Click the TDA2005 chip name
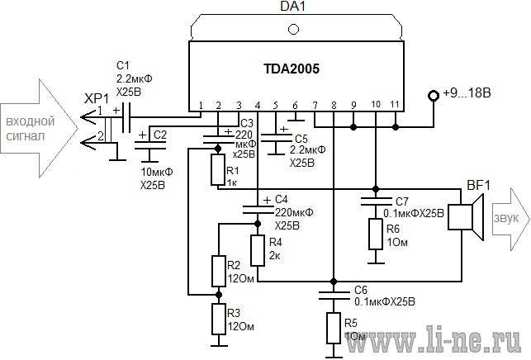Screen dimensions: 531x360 coord(292,69)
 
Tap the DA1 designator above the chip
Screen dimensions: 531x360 coord(292,7)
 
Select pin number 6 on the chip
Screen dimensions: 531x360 coord(295,106)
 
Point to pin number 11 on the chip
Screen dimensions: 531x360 coord(395,104)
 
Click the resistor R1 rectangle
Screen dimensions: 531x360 coord(218,169)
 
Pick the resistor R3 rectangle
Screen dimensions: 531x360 coord(219,320)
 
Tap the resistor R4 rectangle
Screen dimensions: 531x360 coord(258,250)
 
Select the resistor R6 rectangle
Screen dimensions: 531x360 coord(376,234)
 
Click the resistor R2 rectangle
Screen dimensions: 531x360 coord(219,272)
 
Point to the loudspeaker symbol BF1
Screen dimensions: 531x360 coord(466,217)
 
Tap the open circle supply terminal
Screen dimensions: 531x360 coord(433,96)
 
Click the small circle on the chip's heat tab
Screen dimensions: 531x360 coord(294,30)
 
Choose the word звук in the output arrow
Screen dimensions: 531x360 coord(506,219)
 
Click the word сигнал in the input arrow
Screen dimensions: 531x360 coord(26,136)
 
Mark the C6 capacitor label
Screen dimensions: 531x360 coord(361,291)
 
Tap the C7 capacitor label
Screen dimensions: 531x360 coord(402,201)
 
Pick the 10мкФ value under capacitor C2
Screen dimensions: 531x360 coord(157,172)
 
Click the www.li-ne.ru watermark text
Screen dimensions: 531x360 coord(433,339)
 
